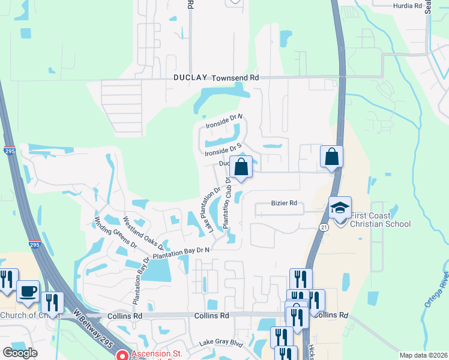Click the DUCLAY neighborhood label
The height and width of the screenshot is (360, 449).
point(190,78)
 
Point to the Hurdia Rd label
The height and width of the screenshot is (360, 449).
point(408,5)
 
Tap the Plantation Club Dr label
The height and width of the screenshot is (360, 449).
point(228,202)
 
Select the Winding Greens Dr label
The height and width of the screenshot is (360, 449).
point(116,233)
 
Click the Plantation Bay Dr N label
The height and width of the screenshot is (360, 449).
point(181,253)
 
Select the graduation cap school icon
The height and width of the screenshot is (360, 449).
point(340,208)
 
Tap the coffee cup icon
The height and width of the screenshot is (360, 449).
point(28,292)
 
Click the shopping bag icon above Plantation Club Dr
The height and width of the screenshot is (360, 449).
point(241,166)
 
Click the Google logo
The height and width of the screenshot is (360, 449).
point(20,352)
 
